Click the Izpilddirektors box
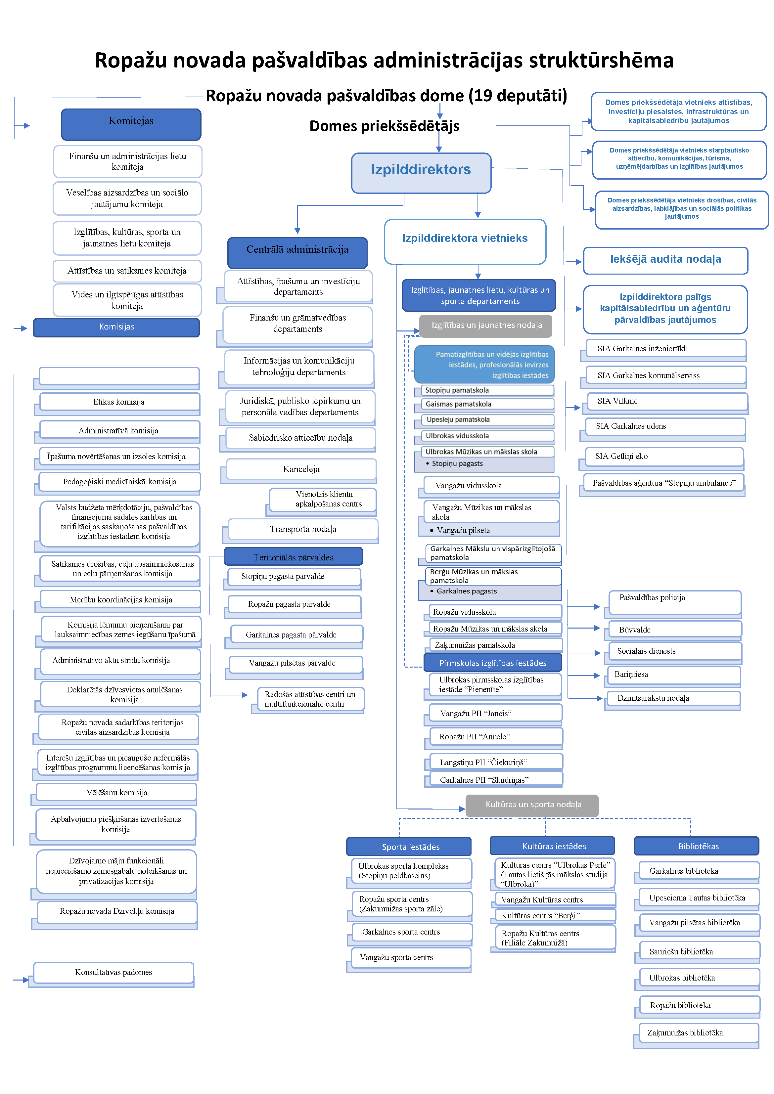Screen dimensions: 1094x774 click(x=421, y=172)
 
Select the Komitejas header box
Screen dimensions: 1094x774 click(x=131, y=123)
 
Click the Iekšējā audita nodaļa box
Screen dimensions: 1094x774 click(x=665, y=260)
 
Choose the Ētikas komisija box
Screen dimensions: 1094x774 click(x=119, y=402)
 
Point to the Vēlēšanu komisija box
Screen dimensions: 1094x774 click(x=117, y=792)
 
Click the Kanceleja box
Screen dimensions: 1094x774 click(x=301, y=469)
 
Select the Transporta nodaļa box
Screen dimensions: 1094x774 click(x=303, y=529)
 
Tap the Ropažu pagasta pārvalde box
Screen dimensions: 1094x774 click(x=294, y=604)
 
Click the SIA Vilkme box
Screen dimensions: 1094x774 click(x=666, y=401)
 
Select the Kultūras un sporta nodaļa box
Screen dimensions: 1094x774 click(x=532, y=805)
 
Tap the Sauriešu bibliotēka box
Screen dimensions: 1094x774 click(x=698, y=951)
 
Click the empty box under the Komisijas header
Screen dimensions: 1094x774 click(x=119, y=376)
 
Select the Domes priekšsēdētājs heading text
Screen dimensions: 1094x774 click(x=384, y=126)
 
